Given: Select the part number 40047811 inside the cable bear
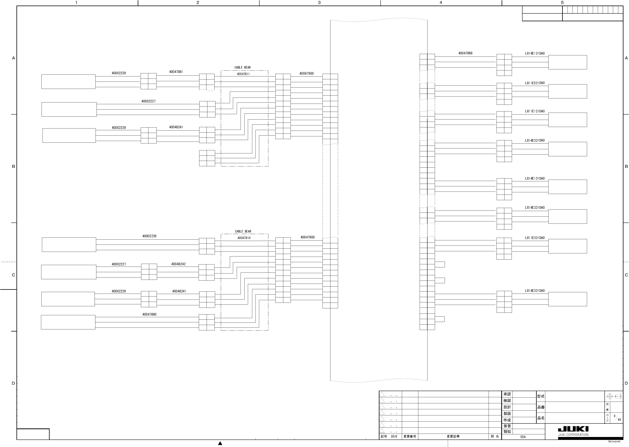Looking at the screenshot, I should coord(243,74).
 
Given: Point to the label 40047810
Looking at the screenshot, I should coord(244,238).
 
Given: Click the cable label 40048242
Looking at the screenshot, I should coord(178,264).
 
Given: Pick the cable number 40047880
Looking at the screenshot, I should coord(149,314).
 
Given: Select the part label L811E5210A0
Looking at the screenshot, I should coord(535,83).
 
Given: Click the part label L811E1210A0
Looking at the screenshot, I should coord(535,111).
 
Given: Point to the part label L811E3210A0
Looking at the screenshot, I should coord(535,238).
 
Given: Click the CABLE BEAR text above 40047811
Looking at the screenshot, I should coord(242,67).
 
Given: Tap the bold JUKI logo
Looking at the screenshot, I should coord(573,429).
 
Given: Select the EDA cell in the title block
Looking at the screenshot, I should coord(523,437).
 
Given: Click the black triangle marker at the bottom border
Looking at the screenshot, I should coord(220,443).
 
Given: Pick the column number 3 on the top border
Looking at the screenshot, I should coord(319,3).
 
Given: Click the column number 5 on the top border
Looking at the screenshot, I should coord(562,3).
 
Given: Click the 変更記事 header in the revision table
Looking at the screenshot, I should coord(453,436).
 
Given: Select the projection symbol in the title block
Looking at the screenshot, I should coord(614,396).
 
